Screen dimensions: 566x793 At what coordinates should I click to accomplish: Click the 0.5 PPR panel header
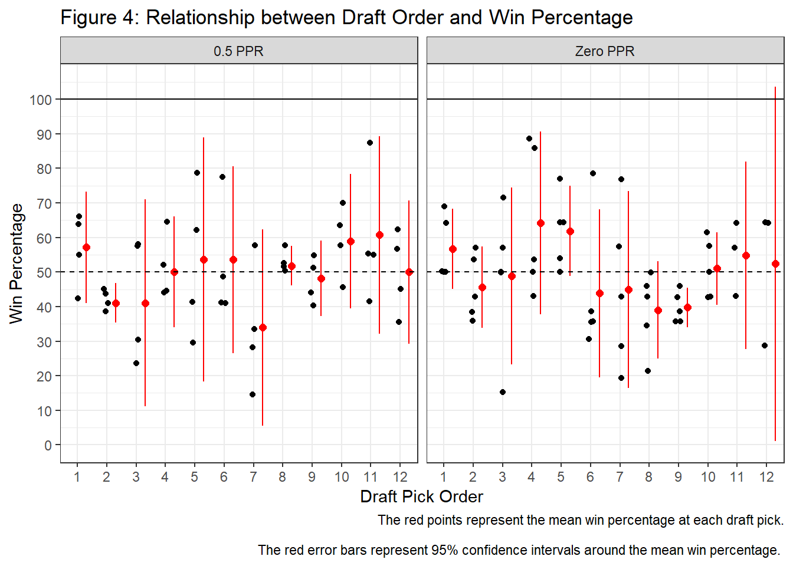point(238,51)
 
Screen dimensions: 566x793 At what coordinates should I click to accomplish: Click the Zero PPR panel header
point(605,51)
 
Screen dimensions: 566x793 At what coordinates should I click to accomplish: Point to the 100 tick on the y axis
point(41,100)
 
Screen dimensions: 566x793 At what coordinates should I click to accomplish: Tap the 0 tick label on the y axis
point(48,446)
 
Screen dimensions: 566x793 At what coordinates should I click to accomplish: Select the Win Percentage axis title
point(17,264)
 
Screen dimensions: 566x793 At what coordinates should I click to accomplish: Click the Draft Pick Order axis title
point(421,496)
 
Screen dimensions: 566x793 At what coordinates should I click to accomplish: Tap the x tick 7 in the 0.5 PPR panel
point(253,477)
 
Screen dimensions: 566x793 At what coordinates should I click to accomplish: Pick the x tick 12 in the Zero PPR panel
point(766,477)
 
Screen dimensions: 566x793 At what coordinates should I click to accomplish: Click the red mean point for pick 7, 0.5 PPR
point(263,327)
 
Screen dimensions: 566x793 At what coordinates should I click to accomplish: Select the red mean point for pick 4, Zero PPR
point(540,223)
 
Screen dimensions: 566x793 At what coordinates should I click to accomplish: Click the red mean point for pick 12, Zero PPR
point(775,264)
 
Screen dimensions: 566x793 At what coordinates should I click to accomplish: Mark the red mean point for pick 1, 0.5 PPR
point(86,248)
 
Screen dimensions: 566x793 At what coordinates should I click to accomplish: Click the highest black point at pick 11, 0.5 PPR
point(370,143)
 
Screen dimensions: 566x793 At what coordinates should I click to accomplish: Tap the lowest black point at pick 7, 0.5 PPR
point(253,394)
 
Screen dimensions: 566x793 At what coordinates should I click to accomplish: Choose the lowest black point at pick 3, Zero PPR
point(503,392)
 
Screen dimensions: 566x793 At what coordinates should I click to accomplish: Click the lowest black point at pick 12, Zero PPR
point(765,345)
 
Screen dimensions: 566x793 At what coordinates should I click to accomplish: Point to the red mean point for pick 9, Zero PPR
point(687,307)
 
